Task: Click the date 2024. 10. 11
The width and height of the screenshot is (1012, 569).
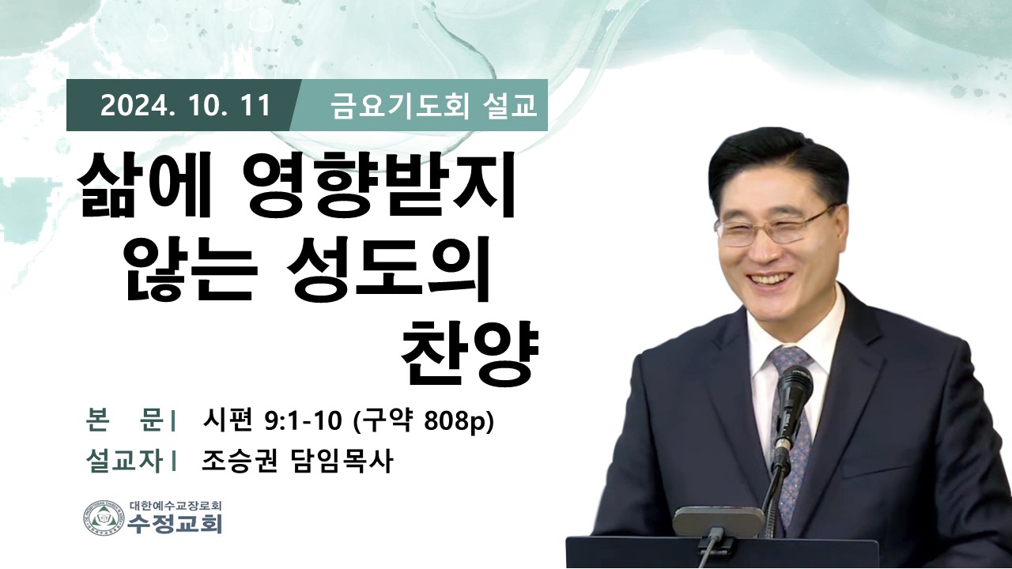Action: pos(185,106)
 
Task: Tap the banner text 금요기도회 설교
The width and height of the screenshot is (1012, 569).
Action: pos(434,106)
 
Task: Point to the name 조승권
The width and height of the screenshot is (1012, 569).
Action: pos(240,462)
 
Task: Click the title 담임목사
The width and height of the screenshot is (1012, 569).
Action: pos(340,462)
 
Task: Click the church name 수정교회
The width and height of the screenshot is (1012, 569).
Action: pos(176,524)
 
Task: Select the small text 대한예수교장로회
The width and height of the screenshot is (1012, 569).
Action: pos(175,505)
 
